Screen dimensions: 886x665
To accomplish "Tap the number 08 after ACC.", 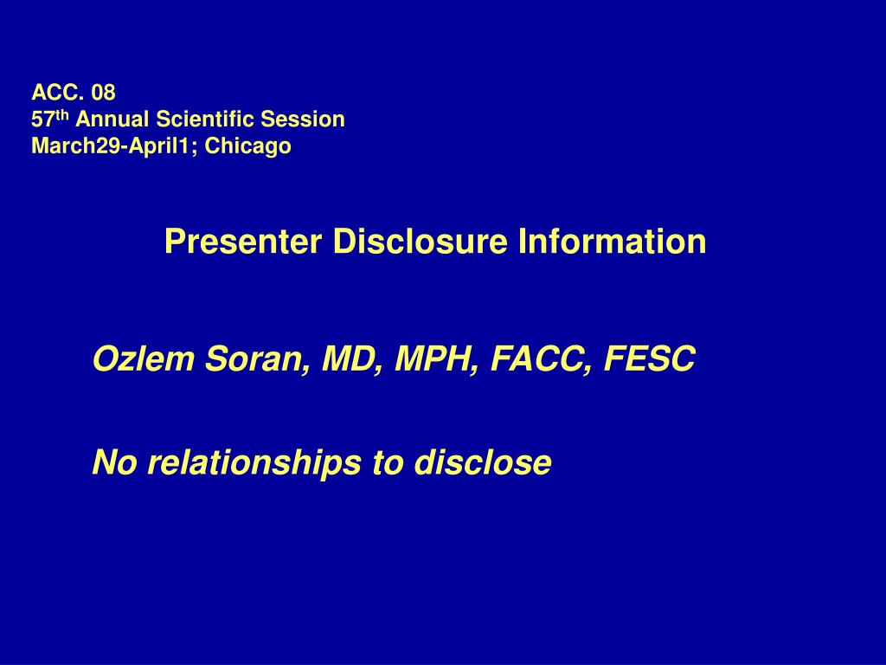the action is [104, 92].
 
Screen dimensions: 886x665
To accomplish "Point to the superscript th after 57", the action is [62, 115].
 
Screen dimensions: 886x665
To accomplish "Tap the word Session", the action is [302, 119].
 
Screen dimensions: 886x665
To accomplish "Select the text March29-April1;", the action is [115, 145].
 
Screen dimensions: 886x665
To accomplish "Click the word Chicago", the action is [248, 146].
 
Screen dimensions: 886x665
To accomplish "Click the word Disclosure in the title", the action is [421, 242].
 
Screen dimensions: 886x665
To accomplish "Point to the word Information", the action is [613, 242].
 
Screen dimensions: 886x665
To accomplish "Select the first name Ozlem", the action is [144, 358].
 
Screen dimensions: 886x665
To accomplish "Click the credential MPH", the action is [437, 359].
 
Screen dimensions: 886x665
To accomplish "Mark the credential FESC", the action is [649, 358].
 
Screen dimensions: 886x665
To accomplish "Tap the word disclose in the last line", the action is [483, 462].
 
